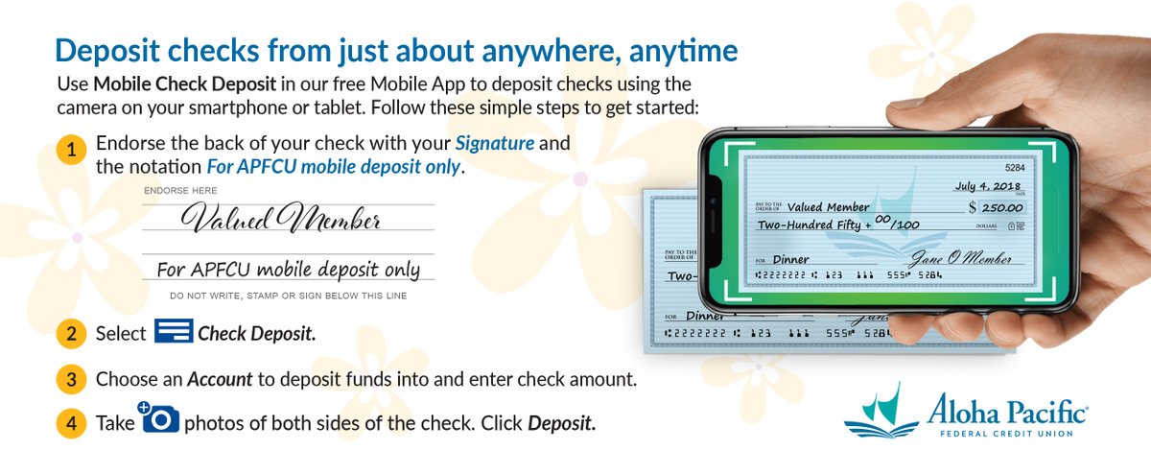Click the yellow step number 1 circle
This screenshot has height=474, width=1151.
[x=72, y=151]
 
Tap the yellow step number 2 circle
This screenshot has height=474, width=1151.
[x=72, y=335]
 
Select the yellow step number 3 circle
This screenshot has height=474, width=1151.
[x=72, y=379]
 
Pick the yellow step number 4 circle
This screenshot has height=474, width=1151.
[x=72, y=423]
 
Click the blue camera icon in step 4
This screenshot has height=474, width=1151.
[x=160, y=418]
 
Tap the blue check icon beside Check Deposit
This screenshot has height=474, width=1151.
[x=174, y=332]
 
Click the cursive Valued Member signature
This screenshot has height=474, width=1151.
[x=282, y=221]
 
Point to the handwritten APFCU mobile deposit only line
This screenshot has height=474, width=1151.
[x=289, y=270]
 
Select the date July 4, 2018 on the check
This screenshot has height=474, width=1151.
[x=988, y=186]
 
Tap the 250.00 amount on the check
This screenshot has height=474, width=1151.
[x=1001, y=207]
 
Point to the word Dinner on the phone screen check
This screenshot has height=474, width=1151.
[x=790, y=259]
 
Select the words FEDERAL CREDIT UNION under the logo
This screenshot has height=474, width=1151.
[x=1006, y=434]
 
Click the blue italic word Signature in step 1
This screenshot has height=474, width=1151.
[x=494, y=144]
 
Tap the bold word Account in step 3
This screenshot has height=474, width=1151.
[x=220, y=379]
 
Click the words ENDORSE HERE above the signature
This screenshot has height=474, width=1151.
[x=180, y=191]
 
